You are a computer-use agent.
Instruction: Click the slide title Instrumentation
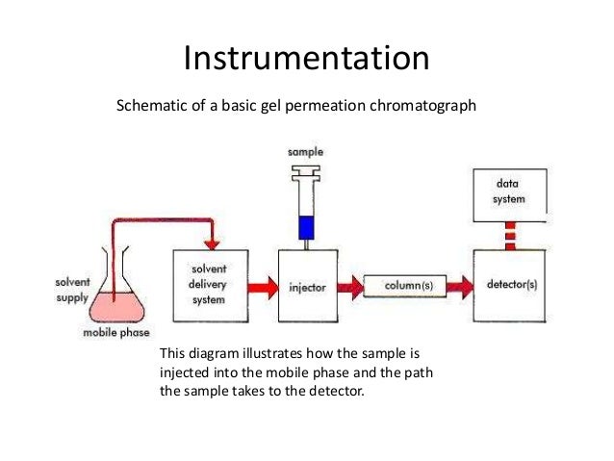point(306,60)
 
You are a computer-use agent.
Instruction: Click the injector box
point(308,287)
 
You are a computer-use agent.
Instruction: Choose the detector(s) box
point(511,286)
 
